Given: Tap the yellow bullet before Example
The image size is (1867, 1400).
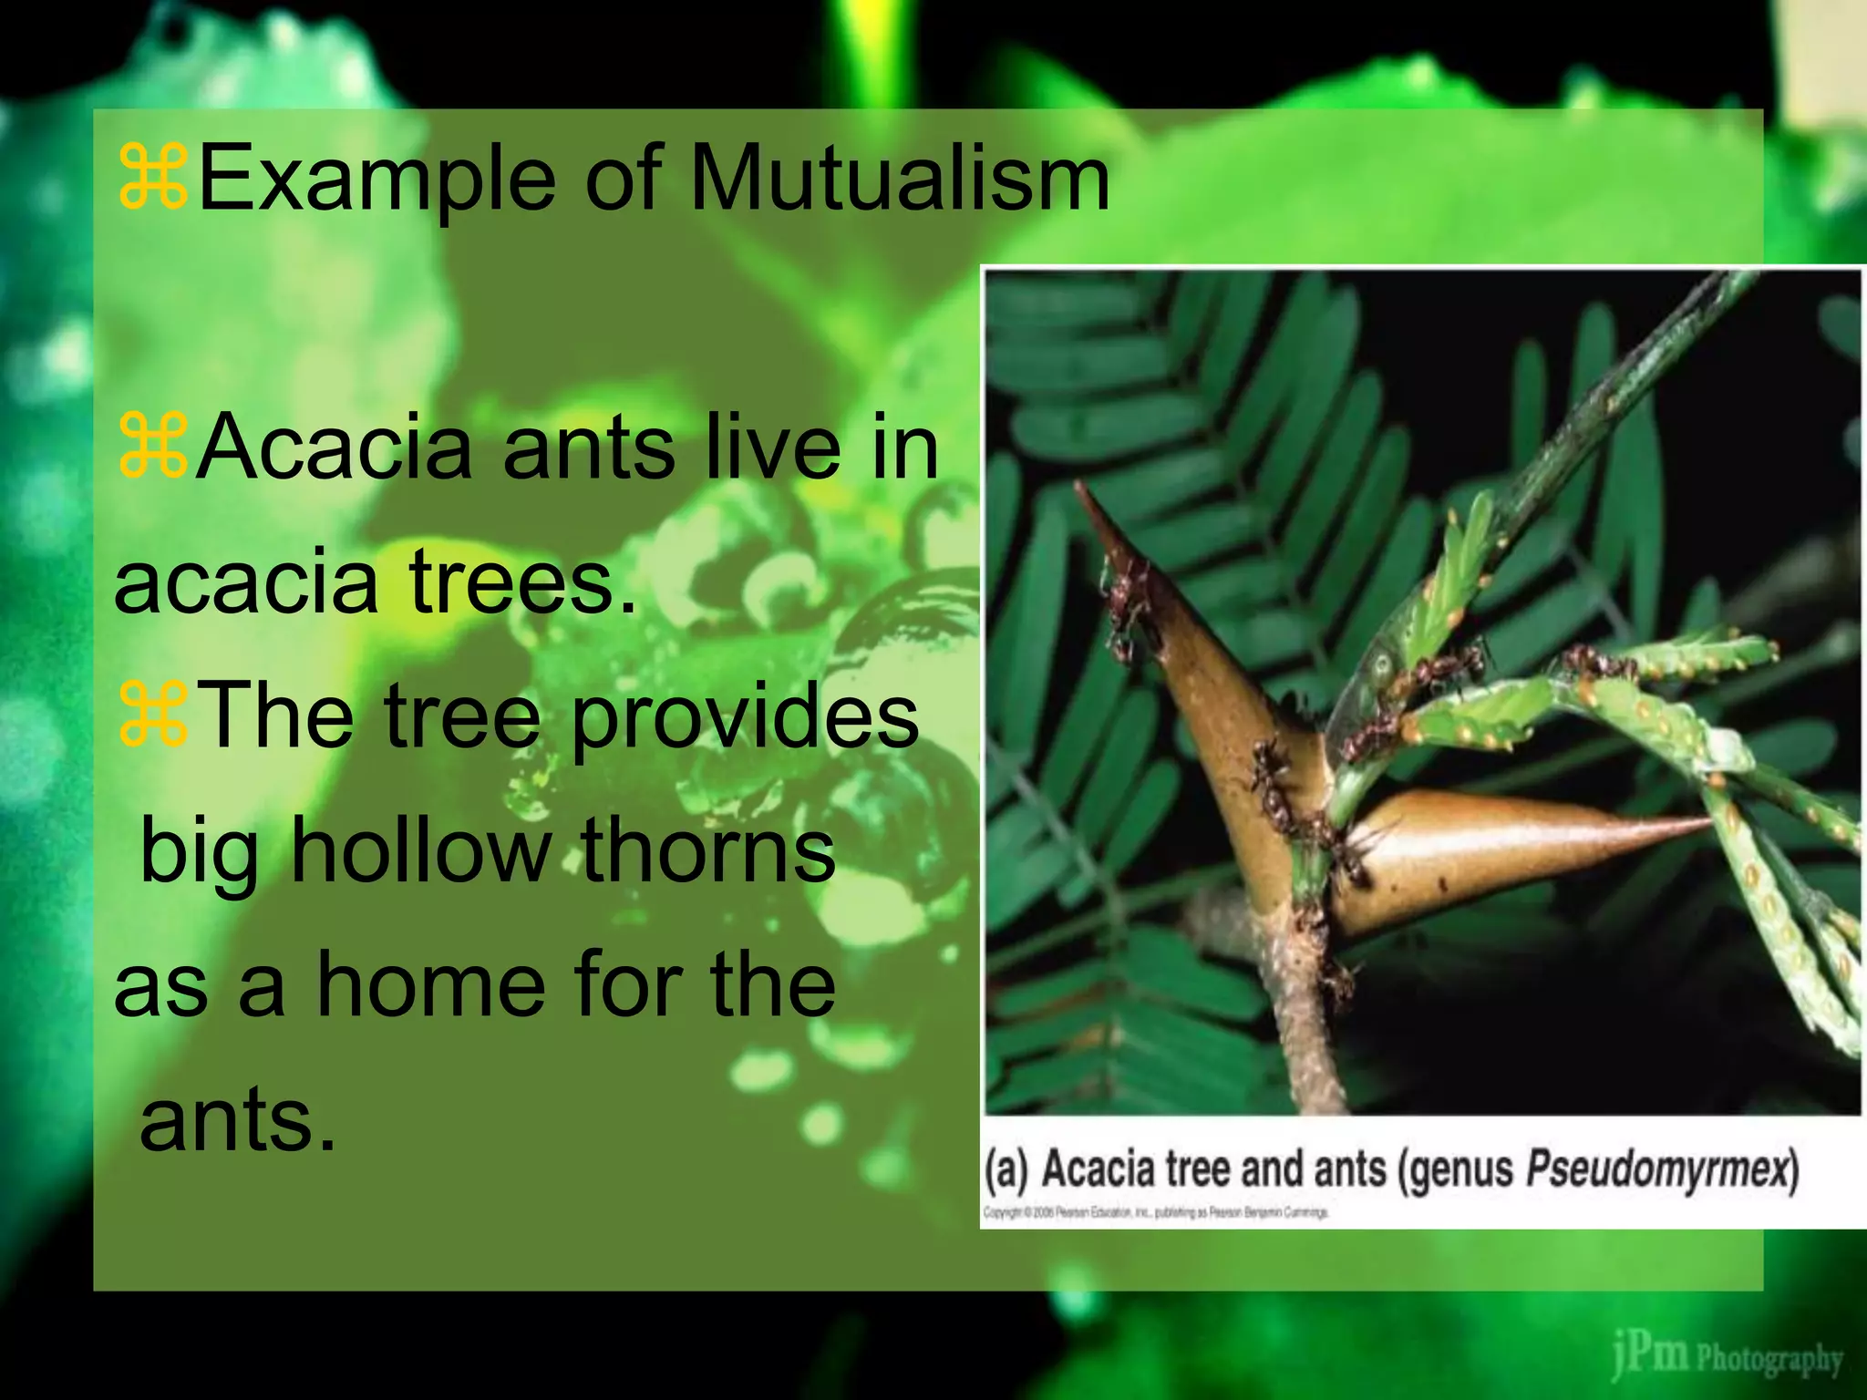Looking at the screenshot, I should click(x=153, y=179).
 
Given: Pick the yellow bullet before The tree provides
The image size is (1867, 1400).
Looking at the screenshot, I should click(x=153, y=716).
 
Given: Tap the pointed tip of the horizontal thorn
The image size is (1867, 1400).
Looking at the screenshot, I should click(x=1710, y=823).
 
